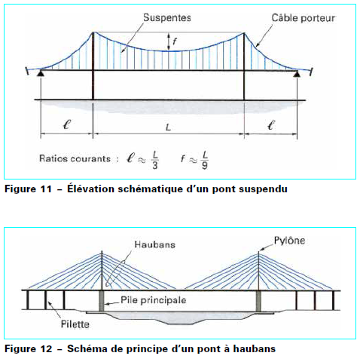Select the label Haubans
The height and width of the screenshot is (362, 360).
pyautogui.click(x=155, y=245)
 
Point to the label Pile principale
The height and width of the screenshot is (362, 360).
pyautogui.click(x=154, y=300)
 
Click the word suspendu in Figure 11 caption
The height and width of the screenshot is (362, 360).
pyautogui.click(x=264, y=189)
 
